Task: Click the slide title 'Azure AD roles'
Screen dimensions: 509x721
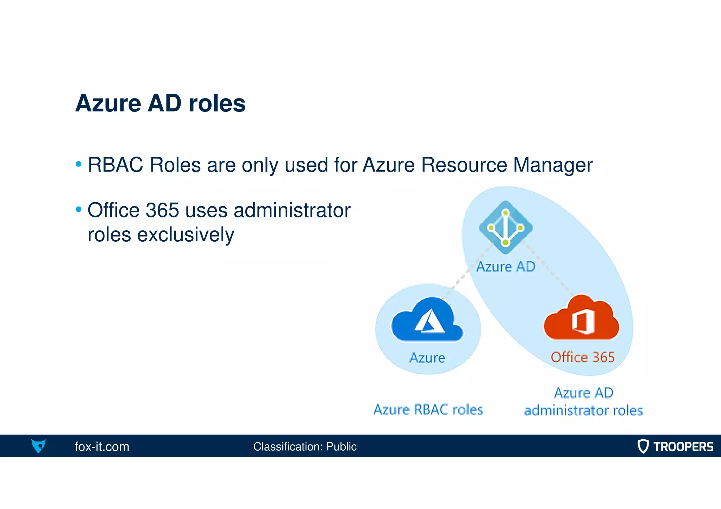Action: [x=160, y=103]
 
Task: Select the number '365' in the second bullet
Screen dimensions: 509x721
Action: [x=162, y=210]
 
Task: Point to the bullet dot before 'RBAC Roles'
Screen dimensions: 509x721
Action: [x=79, y=164]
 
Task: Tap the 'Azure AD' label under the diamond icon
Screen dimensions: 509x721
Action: [x=506, y=267]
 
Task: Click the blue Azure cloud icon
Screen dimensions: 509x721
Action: [x=427, y=320]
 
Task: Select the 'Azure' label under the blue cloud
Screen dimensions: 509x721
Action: [x=427, y=357]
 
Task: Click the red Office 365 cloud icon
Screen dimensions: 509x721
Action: [x=582, y=319]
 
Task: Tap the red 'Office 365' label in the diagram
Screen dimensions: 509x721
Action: [x=583, y=357]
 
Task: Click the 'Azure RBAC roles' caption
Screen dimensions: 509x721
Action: [x=428, y=409]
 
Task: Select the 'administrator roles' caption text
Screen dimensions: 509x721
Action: [x=583, y=410]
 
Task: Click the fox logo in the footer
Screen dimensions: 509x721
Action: [x=38, y=446]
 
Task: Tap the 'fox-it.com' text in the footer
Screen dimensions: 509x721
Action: [x=102, y=446]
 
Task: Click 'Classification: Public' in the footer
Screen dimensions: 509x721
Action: [x=305, y=446]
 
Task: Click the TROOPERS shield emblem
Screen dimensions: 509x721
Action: [x=643, y=446]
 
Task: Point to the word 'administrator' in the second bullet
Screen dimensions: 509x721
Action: [x=292, y=210]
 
